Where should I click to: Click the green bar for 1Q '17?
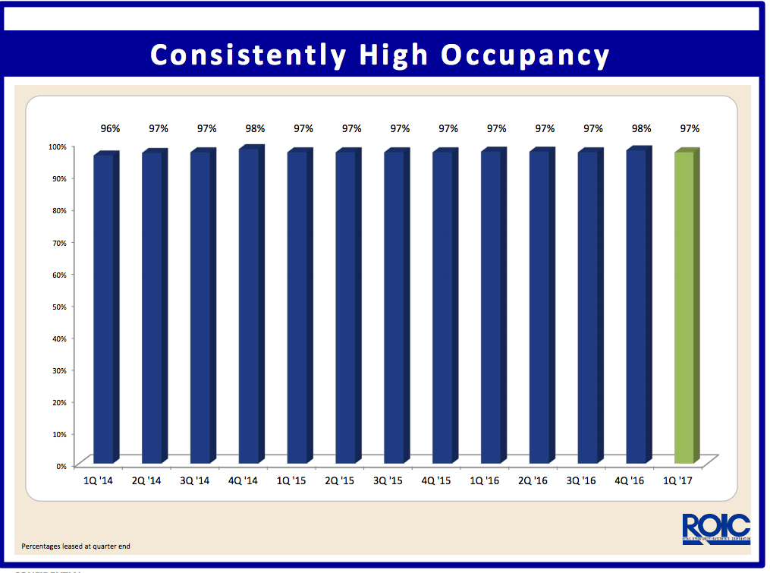685,307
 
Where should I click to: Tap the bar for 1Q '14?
104,309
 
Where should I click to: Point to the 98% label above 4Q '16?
641,129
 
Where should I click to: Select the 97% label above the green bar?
690,129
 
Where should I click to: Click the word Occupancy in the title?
526,55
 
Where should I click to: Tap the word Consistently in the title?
248,55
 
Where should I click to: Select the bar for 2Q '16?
540,307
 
